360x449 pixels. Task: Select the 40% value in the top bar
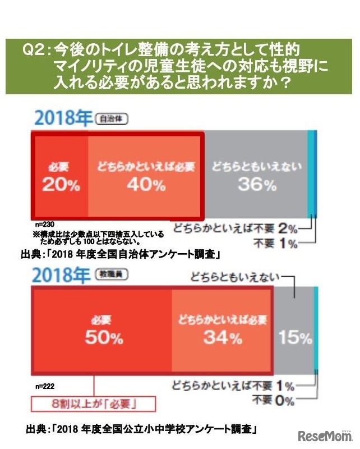145,185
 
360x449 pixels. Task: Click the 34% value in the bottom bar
223,338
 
